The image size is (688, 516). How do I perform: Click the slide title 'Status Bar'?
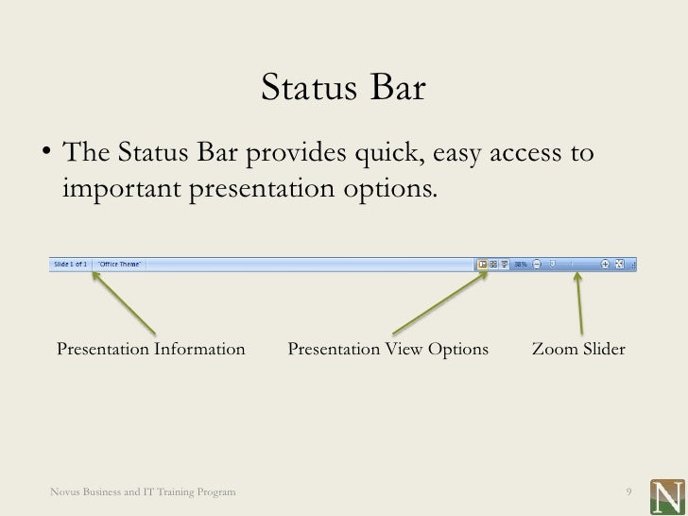(343, 90)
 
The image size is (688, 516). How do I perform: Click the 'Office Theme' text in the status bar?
(120, 265)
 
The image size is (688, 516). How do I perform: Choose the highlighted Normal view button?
(483, 265)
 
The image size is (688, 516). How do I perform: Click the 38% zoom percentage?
(520, 265)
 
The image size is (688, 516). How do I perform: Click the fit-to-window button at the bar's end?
(619, 265)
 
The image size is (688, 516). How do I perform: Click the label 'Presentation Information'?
(151, 350)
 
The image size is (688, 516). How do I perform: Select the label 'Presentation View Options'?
(387, 350)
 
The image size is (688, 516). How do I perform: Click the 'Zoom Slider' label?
(578, 350)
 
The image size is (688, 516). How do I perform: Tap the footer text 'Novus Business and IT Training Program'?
(144, 492)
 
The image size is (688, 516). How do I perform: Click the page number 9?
(628, 492)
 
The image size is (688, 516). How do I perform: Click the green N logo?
(668, 495)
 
